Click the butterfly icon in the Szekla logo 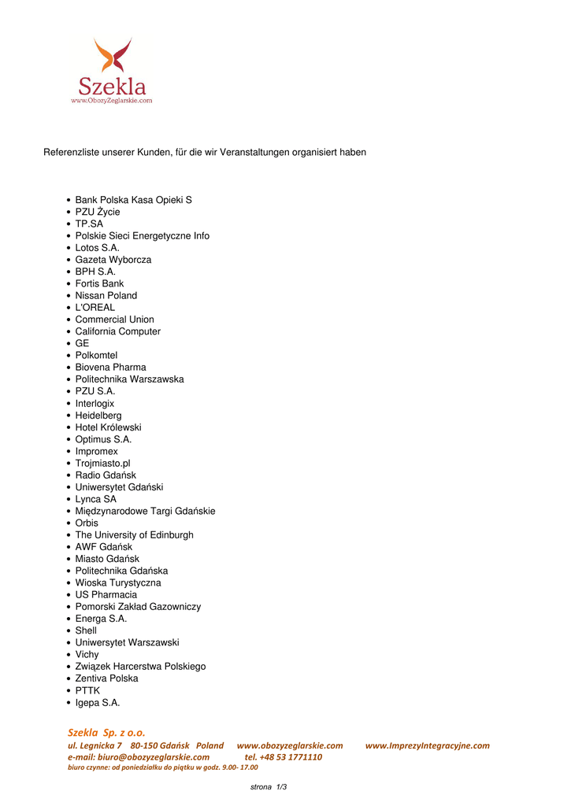[113, 56]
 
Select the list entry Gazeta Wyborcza [113, 260]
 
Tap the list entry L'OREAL [95, 308]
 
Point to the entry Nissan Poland [106, 296]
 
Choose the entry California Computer [117, 331]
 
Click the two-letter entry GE [82, 344]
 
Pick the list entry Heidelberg [98, 416]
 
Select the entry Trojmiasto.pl [102, 464]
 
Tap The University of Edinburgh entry [134, 535]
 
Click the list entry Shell [86, 631]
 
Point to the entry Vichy [87, 655]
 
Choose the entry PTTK [87, 691]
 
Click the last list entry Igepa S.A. [98, 703]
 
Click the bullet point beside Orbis [69, 523]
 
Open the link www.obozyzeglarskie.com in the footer [290, 745]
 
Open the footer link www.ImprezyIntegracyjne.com [427, 745]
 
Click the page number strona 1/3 [269, 787]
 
